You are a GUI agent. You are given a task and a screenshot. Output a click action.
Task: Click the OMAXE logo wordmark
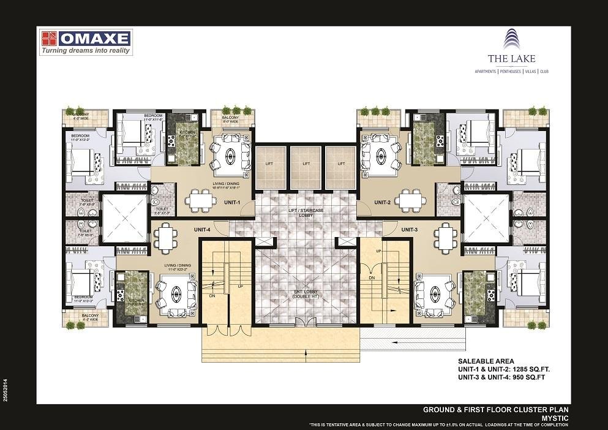[96, 39]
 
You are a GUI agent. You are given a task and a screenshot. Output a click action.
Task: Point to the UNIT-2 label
[383, 202]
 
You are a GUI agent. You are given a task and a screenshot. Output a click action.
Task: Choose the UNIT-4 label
[202, 229]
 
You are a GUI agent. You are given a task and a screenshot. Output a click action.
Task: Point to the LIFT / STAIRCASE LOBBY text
[306, 213]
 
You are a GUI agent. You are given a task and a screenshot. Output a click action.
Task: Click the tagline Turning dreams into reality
[86, 51]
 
